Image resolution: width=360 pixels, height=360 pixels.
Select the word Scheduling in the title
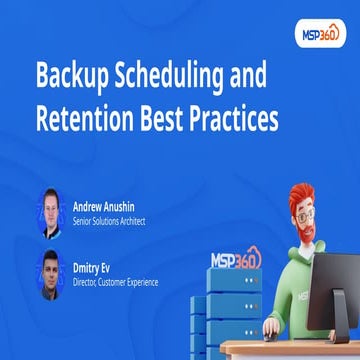tap(186, 76)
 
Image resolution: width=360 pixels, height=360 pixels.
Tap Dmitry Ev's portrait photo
tap(52, 271)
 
